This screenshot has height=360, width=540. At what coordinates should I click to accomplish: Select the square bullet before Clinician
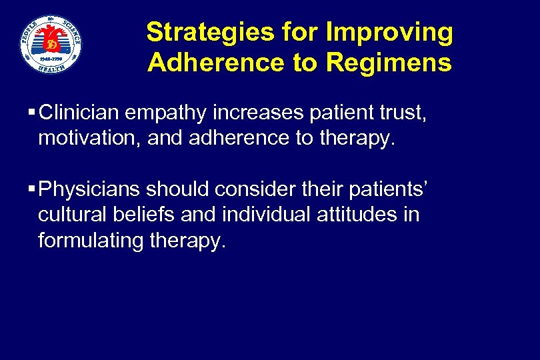tap(33, 114)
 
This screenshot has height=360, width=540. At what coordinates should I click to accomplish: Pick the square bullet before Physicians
tap(33, 190)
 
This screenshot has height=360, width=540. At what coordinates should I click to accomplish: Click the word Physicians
tap(89, 190)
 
